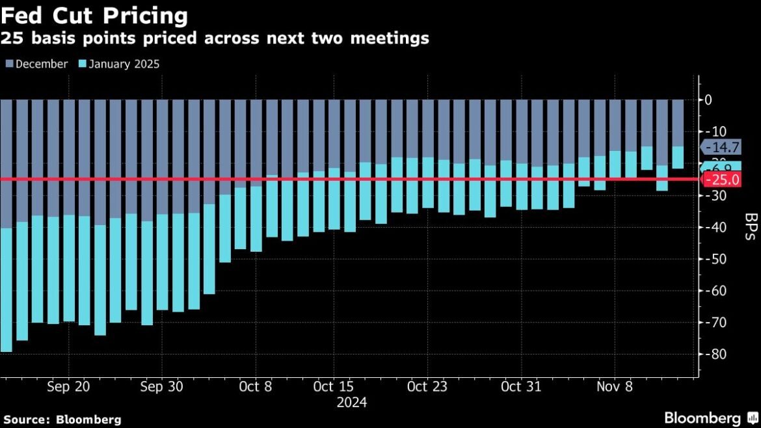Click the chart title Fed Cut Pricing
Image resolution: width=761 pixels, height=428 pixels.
[x=95, y=15]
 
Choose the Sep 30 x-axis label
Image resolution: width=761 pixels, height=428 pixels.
[x=163, y=386]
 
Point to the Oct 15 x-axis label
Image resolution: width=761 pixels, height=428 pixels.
[x=333, y=386]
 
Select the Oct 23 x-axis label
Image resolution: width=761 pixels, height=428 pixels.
[x=427, y=386]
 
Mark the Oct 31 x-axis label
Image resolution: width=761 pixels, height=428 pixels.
[x=521, y=386]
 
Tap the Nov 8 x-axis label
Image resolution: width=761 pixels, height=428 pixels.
[x=614, y=386]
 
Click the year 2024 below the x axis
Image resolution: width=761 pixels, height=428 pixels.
[x=351, y=403]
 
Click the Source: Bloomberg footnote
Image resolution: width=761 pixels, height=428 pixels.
[x=62, y=420]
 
